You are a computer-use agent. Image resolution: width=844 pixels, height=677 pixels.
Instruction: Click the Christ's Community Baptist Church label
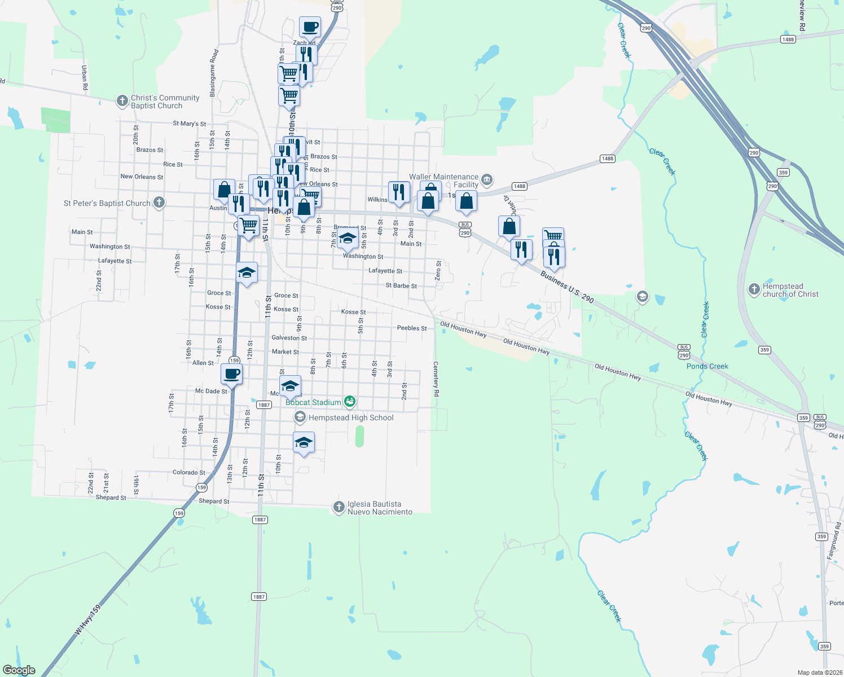click(x=165, y=102)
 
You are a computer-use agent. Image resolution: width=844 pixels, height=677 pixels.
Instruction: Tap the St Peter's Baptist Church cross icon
click(x=159, y=202)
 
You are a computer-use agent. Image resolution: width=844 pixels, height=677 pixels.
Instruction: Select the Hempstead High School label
click(x=351, y=417)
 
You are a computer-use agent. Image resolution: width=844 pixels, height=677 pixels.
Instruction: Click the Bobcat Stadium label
click(x=313, y=402)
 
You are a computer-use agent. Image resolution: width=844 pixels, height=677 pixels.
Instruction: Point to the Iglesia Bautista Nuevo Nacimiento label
click(x=380, y=508)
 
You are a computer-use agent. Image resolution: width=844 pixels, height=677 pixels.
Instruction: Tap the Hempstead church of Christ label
click(x=790, y=290)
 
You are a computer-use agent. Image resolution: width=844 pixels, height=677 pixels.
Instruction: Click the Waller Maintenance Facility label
click(x=444, y=181)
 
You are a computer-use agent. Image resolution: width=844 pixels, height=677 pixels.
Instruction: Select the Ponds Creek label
click(x=707, y=366)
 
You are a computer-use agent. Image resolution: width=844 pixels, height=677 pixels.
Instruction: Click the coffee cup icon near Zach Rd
click(x=310, y=26)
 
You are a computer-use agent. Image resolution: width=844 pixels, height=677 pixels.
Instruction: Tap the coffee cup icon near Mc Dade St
click(x=231, y=373)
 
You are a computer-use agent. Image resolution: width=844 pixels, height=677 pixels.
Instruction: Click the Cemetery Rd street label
click(x=436, y=379)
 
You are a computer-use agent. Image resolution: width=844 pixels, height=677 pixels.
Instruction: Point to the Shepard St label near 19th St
click(x=111, y=498)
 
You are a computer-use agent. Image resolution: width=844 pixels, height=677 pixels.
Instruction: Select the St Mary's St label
click(x=189, y=124)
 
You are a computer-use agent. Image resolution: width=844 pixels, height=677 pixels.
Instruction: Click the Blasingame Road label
click(x=214, y=73)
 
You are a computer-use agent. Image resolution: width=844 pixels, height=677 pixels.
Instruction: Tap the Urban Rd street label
click(x=85, y=78)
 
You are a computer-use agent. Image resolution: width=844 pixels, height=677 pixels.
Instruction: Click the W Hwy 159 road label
click(x=87, y=621)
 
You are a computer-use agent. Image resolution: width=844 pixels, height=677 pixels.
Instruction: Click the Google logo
click(x=19, y=670)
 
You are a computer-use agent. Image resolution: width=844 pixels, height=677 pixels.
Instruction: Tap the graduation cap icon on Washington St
click(x=348, y=238)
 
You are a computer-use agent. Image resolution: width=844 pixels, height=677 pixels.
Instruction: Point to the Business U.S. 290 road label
click(x=566, y=287)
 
